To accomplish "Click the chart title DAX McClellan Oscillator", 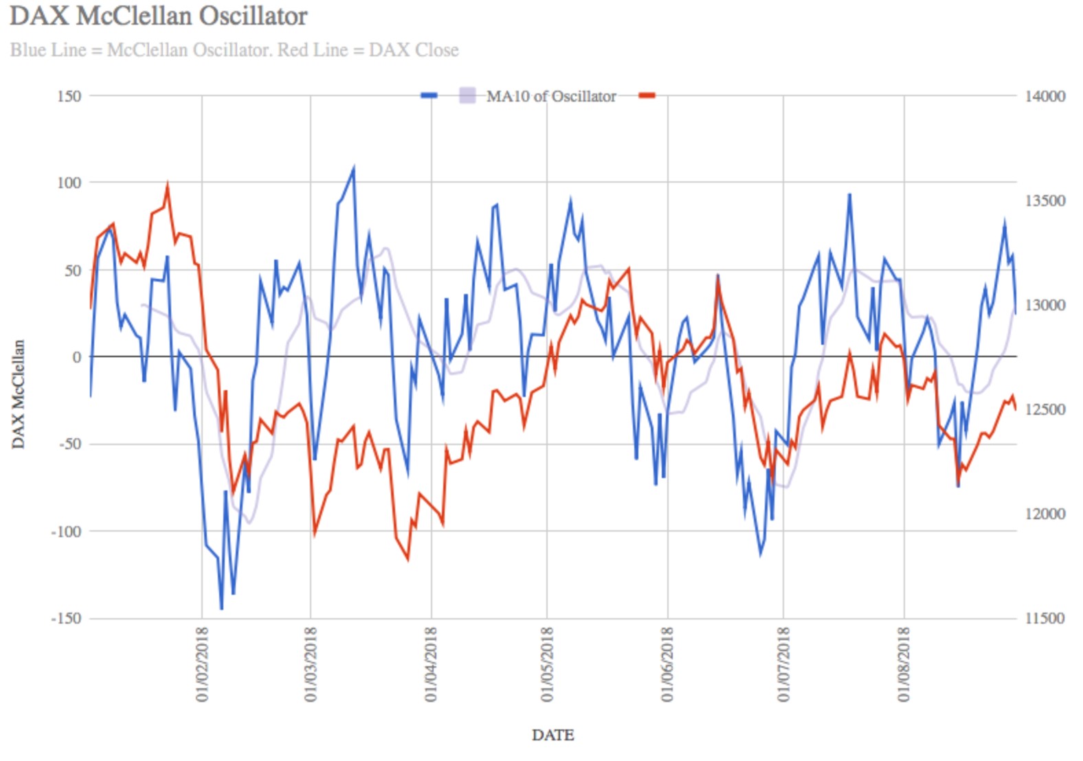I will pos(158,16).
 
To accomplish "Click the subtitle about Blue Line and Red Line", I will pos(234,50).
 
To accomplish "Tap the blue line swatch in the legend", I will pos(429,95).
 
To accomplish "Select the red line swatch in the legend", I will pos(647,95).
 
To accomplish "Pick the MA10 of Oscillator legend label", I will pos(551,96).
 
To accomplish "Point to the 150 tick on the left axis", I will pos(69,96).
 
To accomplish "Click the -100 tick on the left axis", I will pos(66,531).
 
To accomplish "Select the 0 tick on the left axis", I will pos(76,357).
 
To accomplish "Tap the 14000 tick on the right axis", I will pos(1045,96).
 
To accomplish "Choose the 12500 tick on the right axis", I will pos(1045,409).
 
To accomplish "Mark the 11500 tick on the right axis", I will pos(1045,618).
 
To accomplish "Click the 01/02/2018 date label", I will pos(202,663).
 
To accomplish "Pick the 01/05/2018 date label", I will pos(547,663).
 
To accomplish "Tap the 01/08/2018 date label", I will pos(904,663).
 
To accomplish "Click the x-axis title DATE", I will pos(552,735).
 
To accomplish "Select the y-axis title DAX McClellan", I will pos(19,394).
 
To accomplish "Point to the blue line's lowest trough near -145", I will pos(221,609).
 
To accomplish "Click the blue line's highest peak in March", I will pos(354,167).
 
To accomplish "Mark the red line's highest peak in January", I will pos(168,185).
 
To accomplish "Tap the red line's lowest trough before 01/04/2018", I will pos(408,560).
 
